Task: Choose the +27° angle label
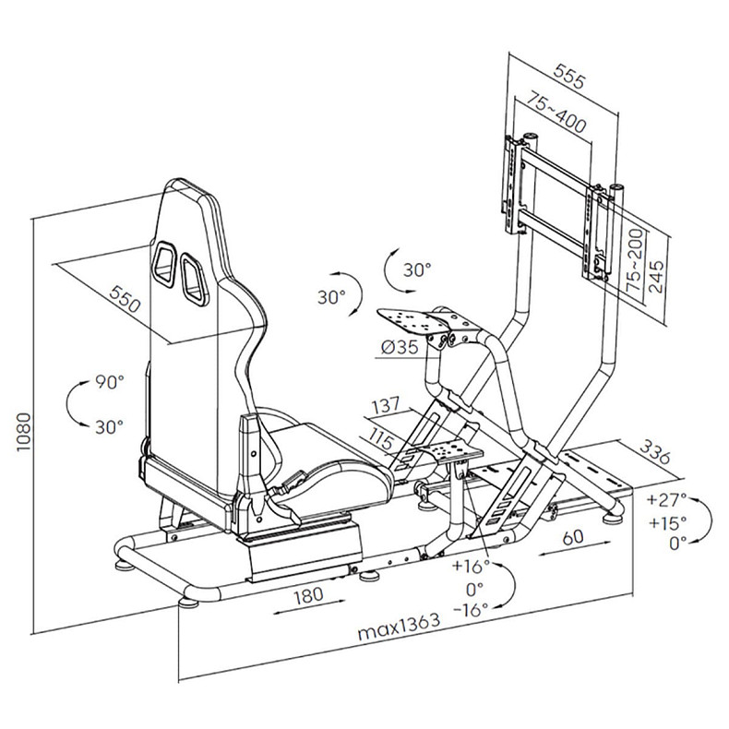point(667,501)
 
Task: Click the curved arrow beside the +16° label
point(508,587)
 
